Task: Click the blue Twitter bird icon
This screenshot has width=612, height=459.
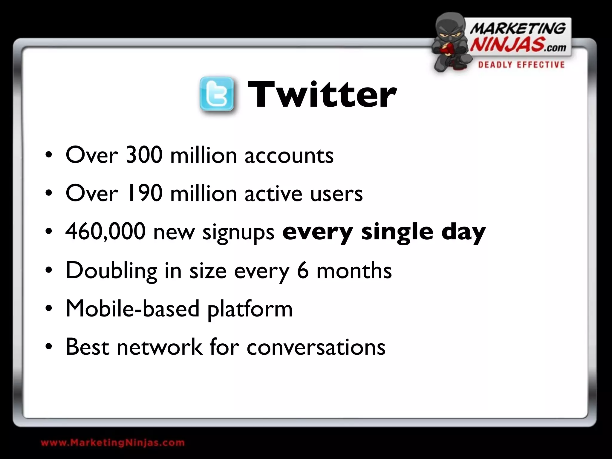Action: pyautogui.click(x=217, y=94)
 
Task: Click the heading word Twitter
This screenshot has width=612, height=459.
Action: pyautogui.click(x=322, y=94)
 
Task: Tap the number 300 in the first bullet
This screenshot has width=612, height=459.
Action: pyautogui.click(x=144, y=155)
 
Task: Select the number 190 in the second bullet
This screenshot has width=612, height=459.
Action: pyautogui.click(x=145, y=193)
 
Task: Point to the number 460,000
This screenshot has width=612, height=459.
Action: pyautogui.click(x=105, y=232)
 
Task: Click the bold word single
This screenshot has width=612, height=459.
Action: pyautogui.click(x=397, y=232)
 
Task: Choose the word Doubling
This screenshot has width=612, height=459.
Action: pyautogui.click(x=111, y=270)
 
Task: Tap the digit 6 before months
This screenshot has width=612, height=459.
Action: pyautogui.click(x=303, y=270)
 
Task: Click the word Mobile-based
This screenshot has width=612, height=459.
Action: pyautogui.click(x=132, y=308)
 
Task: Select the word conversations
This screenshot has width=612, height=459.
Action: pyautogui.click(x=316, y=347)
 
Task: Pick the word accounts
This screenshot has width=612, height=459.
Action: pyautogui.click(x=289, y=156)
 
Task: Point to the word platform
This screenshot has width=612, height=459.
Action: pyautogui.click(x=250, y=309)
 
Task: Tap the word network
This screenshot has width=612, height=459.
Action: pyautogui.click(x=160, y=347)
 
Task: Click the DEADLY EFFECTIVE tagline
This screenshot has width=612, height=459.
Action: pyautogui.click(x=521, y=65)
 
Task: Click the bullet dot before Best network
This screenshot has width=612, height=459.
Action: pyautogui.click(x=49, y=347)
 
